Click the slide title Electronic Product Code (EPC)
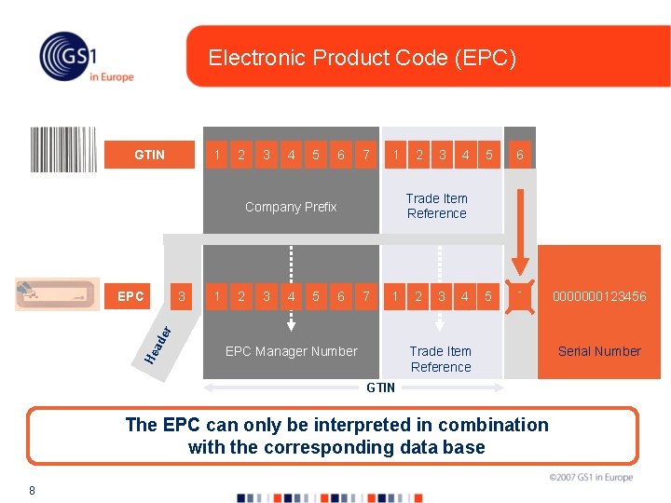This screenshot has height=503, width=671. coord(362,58)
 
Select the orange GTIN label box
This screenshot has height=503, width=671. coord(149,155)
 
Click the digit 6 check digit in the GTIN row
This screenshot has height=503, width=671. coord(520,155)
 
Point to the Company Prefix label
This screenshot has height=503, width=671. coord(291,207)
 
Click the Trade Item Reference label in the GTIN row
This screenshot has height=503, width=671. coord(437,206)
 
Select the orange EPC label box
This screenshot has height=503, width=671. coord(130,296)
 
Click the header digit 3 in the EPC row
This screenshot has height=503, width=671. coord(183,296)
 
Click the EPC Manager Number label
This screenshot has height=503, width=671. coord(291,351)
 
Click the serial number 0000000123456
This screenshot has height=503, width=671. coord(599,296)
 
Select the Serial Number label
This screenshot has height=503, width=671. coord(599,351)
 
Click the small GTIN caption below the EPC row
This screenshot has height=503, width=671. coord(380,387)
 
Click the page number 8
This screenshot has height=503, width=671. coord(32,490)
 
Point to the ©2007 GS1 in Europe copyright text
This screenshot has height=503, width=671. coord(590,478)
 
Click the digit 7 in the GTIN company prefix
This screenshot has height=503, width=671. coord(366,155)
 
